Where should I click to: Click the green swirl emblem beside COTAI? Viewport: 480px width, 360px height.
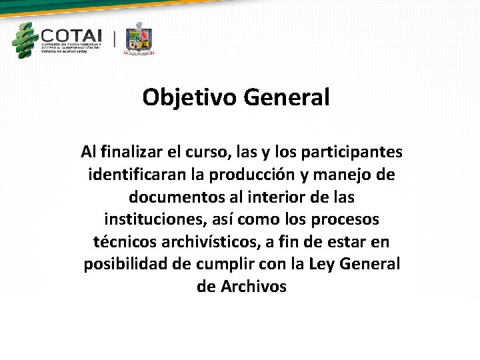click(x=25, y=40)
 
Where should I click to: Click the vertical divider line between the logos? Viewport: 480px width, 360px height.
click(x=114, y=39)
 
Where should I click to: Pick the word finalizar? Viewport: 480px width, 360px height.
click(x=135, y=152)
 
